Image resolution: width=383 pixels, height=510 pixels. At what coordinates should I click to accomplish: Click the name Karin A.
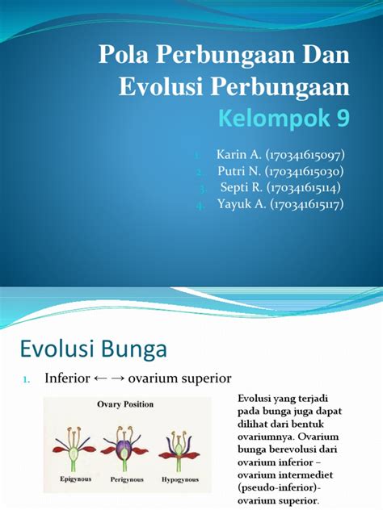[239, 154]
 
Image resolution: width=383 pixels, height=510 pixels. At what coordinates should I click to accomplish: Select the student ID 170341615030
[304, 171]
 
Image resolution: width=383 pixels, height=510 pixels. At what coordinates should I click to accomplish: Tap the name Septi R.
[242, 187]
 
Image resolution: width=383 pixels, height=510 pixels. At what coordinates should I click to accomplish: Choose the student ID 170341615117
[307, 204]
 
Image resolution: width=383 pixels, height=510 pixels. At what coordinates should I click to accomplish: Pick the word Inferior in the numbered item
[67, 378]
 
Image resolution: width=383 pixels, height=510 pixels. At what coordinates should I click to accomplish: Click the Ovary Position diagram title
[125, 404]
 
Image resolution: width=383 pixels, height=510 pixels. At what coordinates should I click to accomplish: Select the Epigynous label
[76, 479]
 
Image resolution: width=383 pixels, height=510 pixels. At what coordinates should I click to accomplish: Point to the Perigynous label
[127, 479]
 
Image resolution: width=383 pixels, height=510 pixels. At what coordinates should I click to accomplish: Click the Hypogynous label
[180, 479]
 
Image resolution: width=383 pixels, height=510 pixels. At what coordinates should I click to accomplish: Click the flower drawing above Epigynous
[74, 449]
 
